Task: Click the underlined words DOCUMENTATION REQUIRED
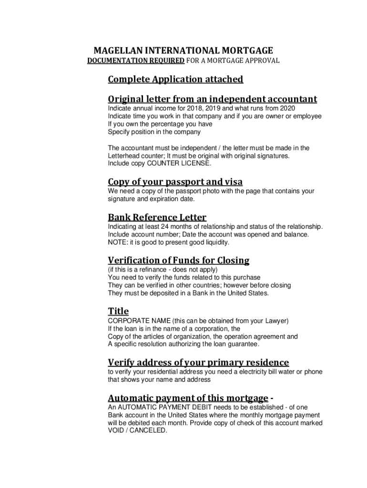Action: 135,61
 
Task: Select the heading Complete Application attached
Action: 175,79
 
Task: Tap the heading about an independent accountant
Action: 212,99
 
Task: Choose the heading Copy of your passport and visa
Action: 175,182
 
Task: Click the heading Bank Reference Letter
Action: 157,217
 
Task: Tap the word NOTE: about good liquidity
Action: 117,243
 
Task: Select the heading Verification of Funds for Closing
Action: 178,260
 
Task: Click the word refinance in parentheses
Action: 155,269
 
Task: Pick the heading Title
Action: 118,311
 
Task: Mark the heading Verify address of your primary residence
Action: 198,362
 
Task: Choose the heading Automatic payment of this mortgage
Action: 188,398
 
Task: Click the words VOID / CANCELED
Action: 137,430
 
